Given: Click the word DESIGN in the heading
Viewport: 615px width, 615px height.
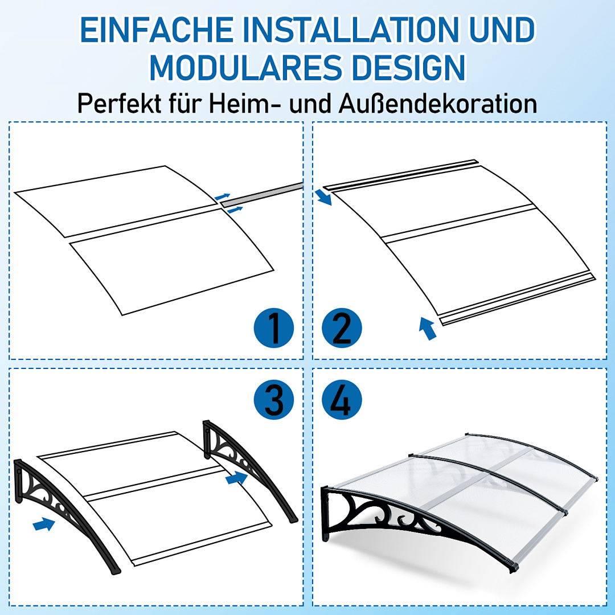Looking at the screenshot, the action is click(408, 68).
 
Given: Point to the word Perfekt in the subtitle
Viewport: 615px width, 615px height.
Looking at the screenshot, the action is click(120, 104).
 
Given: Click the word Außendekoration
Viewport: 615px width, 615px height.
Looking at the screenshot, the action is click(438, 104).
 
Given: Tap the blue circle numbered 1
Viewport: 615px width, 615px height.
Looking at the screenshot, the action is click(274, 328).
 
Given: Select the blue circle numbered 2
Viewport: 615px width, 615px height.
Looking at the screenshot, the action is click(342, 328).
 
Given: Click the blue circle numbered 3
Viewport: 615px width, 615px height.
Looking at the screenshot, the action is click(274, 400).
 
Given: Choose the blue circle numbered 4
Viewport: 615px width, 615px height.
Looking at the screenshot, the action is click(342, 400).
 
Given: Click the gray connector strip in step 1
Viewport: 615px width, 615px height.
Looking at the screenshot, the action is click(261, 195).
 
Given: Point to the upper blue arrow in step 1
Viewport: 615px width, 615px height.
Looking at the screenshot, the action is click(223, 196).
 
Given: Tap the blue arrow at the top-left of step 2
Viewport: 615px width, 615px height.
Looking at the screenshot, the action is click(323, 197).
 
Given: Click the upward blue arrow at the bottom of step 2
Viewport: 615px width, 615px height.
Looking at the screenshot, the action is click(427, 329).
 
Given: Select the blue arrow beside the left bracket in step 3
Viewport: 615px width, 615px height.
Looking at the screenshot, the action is click(44, 524).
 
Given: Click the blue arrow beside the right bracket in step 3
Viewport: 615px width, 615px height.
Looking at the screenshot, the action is click(236, 478).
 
